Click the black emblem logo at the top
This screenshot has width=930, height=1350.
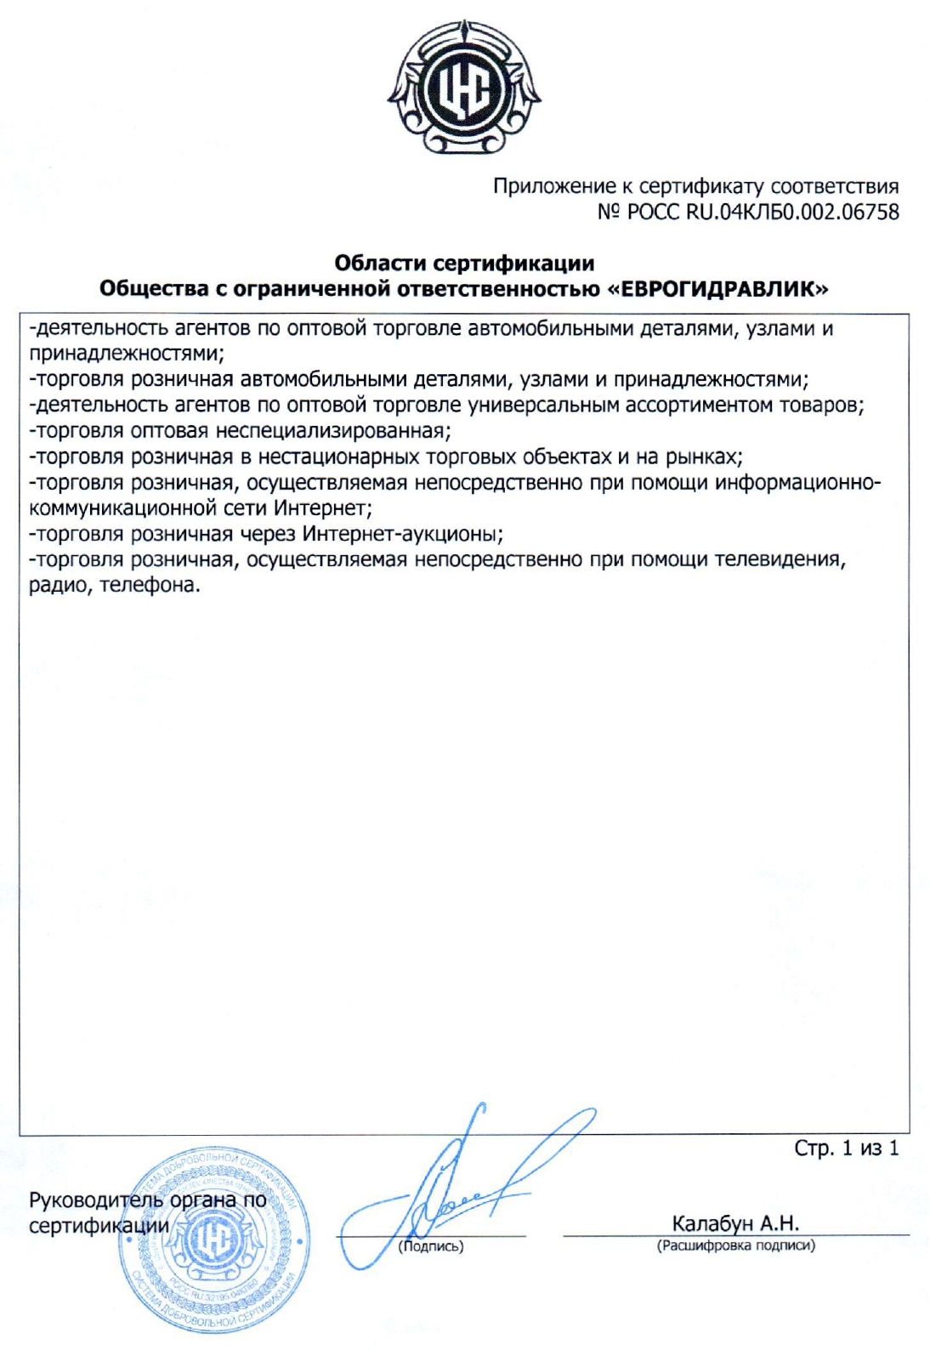coord(464,88)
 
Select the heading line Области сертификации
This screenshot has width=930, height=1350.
coord(464,263)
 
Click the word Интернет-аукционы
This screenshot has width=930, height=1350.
coord(401,534)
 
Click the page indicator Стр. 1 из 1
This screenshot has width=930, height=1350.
coord(846,1149)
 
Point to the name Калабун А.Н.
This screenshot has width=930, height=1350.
coord(735,1223)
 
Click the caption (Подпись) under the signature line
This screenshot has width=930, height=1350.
coord(431,1246)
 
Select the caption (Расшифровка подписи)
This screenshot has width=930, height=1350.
coord(735,1245)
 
